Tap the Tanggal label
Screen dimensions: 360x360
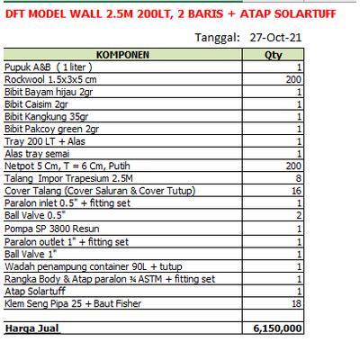click(x=217, y=38)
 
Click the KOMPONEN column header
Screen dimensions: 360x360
click(x=122, y=55)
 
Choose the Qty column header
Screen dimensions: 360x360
click(x=273, y=55)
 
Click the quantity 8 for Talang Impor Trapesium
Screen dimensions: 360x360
click(x=298, y=179)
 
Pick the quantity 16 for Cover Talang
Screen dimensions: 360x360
click(x=295, y=192)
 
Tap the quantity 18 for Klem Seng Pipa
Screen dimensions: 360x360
click(x=295, y=304)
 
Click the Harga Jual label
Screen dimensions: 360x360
click(x=32, y=329)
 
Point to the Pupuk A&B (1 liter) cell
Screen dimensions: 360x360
click(x=49, y=67)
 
